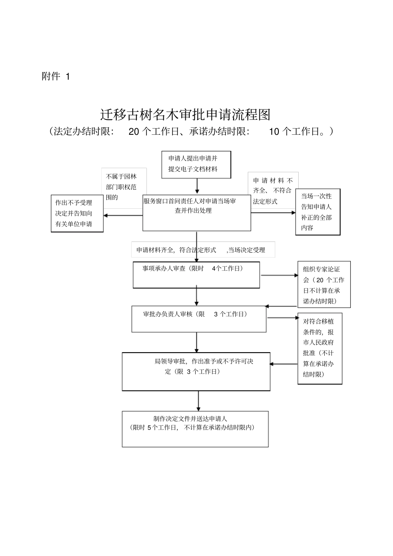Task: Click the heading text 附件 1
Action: [x=56, y=76]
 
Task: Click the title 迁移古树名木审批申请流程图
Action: [x=185, y=115]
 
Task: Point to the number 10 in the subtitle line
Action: [x=274, y=132]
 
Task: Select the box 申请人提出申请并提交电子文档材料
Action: [x=196, y=164]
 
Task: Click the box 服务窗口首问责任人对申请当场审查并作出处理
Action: [x=196, y=212]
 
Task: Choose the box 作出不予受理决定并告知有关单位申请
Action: [x=77, y=213]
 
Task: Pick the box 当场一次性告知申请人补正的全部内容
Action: [x=317, y=212]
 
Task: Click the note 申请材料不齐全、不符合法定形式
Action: [x=273, y=191]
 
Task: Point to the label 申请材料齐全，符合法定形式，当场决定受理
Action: [x=203, y=250]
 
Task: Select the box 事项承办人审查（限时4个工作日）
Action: [x=196, y=274]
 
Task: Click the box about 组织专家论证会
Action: [x=324, y=284]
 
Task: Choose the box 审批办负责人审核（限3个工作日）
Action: [x=199, y=319]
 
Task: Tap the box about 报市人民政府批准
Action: [x=320, y=348]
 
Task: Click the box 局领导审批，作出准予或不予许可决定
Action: [x=196, y=371]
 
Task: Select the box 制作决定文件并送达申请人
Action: [x=195, y=428]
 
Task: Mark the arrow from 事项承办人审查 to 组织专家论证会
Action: [x=279, y=274]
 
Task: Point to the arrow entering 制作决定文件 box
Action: [x=199, y=401]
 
